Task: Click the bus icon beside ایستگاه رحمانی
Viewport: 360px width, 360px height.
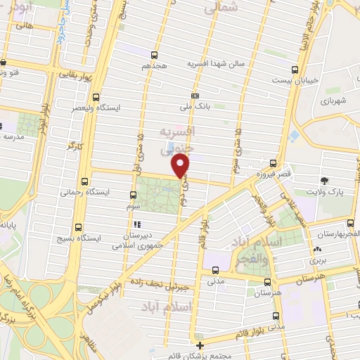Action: [85, 181]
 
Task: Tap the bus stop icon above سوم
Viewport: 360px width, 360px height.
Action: [134, 195]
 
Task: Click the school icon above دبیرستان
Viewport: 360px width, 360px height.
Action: [136, 225]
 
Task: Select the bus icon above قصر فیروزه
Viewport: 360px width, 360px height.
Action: [273, 162]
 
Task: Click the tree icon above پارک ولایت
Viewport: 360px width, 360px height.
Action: [324, 180]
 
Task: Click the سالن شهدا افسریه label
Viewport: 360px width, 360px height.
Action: [214, 63]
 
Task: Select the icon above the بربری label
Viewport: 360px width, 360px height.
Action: [318, 249]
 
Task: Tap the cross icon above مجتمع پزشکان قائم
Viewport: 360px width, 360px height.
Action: [200, 345]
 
